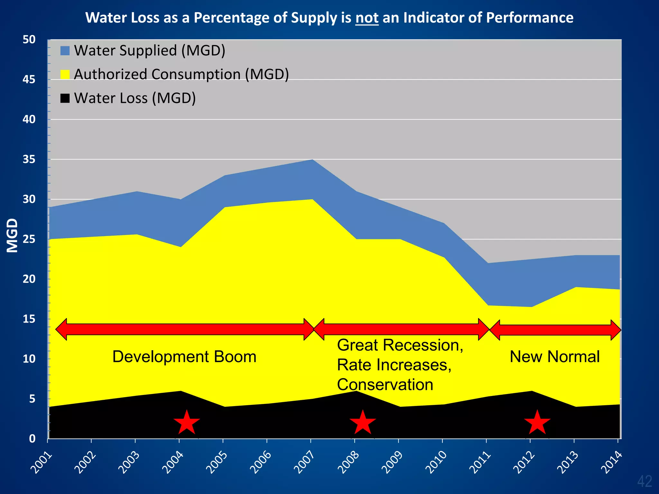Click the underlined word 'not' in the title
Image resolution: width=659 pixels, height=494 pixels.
click(x=367, y=18)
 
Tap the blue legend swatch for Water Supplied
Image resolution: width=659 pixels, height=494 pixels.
click(x=65, y=51)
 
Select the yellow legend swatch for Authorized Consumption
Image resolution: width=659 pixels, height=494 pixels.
click(x=65, y=75)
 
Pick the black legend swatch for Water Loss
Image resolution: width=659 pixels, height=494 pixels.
click(x=65, y=98)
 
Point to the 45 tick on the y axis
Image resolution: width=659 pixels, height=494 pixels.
click(x=29, y=79)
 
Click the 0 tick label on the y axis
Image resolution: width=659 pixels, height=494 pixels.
click(x=32, y=439)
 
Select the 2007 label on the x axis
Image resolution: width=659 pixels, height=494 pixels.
click(x=304, y=462)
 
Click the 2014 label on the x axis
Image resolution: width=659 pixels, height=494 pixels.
click(x=611, y=462)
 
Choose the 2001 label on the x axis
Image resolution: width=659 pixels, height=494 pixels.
click(x=41, y=462)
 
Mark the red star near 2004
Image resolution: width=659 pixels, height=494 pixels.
click(x=187, y=423)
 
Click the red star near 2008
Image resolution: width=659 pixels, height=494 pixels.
click(x=363, y=423)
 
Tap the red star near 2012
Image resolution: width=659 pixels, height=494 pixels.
click(x=537, y=423)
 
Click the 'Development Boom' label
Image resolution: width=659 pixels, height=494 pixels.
click(x=184, y=357)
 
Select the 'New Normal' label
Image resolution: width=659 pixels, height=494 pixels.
click(x=555, y=357)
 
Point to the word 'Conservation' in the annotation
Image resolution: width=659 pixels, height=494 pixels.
click(x=385, y=385)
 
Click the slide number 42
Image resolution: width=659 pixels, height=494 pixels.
click(x=645, y=481)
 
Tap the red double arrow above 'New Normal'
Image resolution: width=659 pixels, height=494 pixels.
click(x=555, y=330)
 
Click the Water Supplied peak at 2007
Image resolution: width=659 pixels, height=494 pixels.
click(x=312, y=160)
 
